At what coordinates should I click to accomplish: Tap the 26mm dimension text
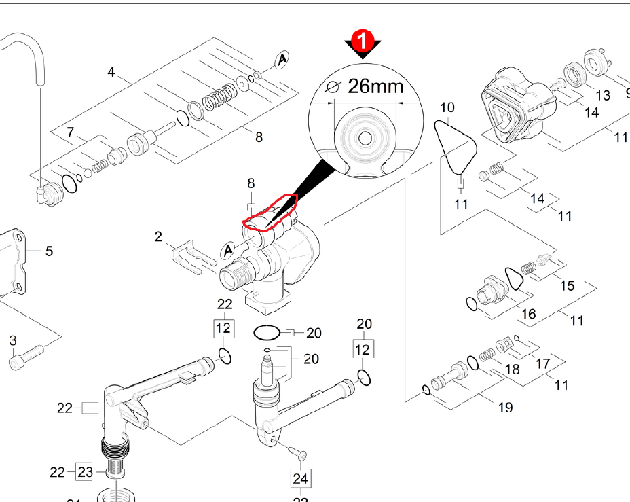pyautogui.click(x=375, y=86)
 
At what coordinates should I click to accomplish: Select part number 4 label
pyautogui.click(x=111, y=71)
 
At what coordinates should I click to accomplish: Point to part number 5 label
pyautogui.click(x=49, y=251)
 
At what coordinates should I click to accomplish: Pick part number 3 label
pyautogui.click(x=12, y=339)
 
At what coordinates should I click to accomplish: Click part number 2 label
pyautogui.click(x=158, y=236)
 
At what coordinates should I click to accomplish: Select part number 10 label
pyautogui.click(x=447, y=107)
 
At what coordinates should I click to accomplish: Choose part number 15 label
pyautogui.click(x=567, y=285)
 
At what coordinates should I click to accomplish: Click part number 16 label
pyautogui.click(x=528, y=313)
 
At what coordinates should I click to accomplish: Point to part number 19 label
pyautogui.click(x=505, y=407)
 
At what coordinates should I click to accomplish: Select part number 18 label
pyautogui.click(x=513, y=369)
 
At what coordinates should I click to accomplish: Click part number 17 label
pyautogui.click(x=543, y=364)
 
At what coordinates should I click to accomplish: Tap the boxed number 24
pyautogui.click(x=300, y=479)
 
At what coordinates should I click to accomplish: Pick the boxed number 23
pyautogui.click(x=84, y=472)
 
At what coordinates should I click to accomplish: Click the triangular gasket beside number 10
pyautogui.click(x=457, y=147)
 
